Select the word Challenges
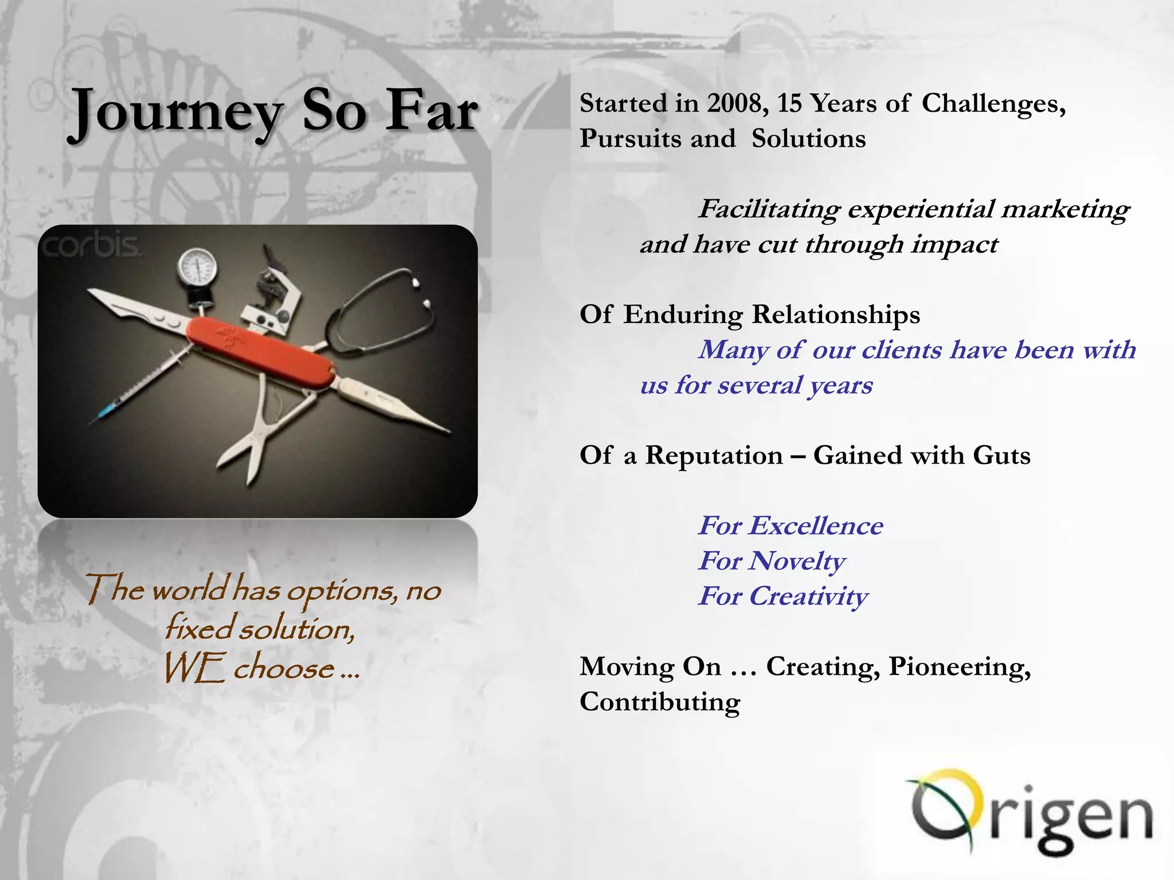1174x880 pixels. pyautogui.click(x=993, y=104)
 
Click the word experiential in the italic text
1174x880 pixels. pyautogui.click(x=920, y=210)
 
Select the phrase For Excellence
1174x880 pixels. pyautogui.click(x=791, y=526)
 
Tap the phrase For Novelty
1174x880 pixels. pyautogui.click(x=772, y=561)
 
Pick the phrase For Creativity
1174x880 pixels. pyautogui.click(x=783, y=596)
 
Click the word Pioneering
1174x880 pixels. pyautogui.click(x=959, y=667)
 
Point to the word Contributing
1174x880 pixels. pyautogui.click(x=660, y=702)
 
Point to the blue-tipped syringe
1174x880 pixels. pyautogui.click(x=138, y=390)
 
